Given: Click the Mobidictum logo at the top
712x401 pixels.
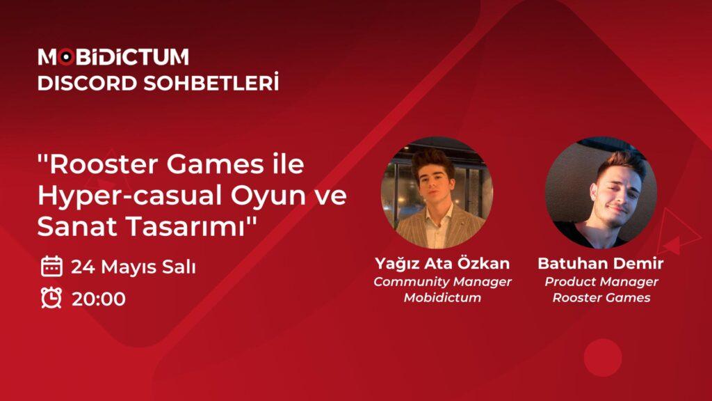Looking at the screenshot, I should tap(113, 57).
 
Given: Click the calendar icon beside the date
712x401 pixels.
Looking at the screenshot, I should tap(51, 266).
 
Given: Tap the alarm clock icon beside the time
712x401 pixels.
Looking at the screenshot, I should tap(51, 298).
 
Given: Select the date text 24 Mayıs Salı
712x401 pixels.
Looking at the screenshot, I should tap(133, 267).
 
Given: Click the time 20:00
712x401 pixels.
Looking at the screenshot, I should tap(98, 299).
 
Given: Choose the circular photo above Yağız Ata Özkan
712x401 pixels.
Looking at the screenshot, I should tap(436, 192).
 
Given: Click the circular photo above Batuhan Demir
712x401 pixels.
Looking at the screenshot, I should tap(600, 192).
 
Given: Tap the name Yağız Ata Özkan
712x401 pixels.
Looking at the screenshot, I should tap(442, 264).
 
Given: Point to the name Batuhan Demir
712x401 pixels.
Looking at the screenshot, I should tap(601, 264).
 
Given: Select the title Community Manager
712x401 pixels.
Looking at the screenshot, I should tap(442, 282).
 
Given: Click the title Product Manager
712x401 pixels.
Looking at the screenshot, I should tap(601, 282).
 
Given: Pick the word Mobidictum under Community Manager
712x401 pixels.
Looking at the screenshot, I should tap(442, 298).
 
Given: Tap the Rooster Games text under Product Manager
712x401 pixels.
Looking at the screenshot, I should tap(601, 298).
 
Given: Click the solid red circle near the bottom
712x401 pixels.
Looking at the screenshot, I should tap(602, 357).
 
